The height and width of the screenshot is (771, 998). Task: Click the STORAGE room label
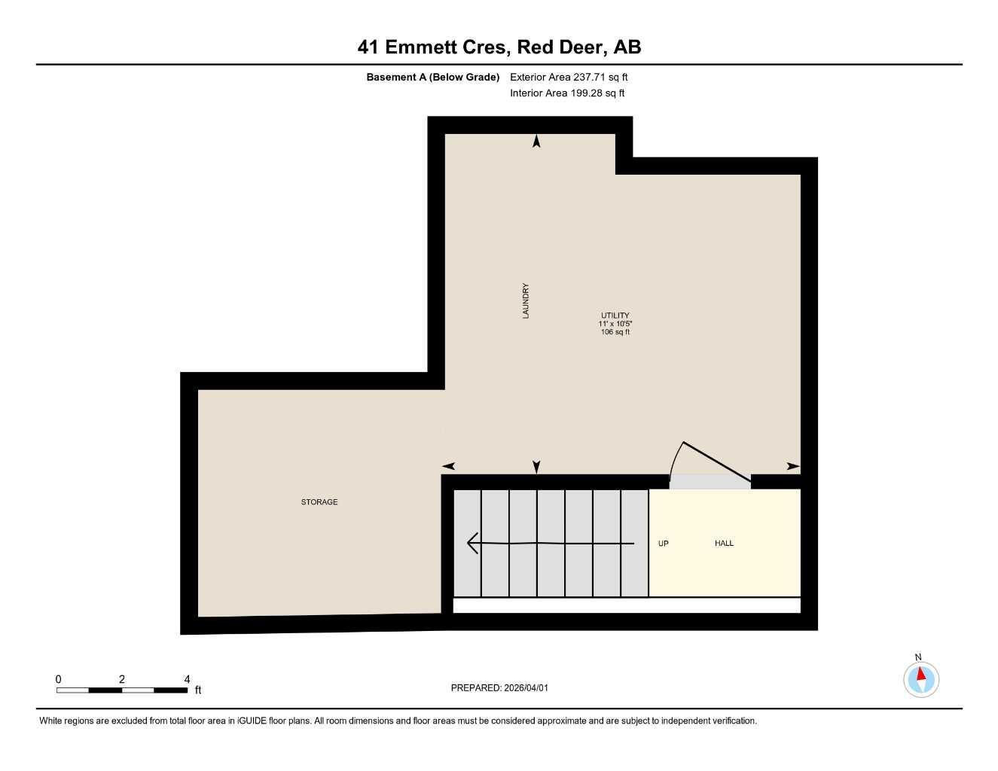(x=319, y=502)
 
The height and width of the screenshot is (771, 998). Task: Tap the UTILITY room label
(x=615, y=315)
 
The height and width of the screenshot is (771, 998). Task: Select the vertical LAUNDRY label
(x=526, y=300)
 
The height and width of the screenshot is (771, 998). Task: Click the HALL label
(x=724, y=544)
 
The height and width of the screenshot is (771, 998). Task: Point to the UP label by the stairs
(x=663, y=544)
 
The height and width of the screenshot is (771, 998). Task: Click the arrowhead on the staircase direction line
(x=473, y=543)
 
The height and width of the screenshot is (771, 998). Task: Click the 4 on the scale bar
(x=187, y=679)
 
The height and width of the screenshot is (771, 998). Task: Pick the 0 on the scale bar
(x=58, y=679)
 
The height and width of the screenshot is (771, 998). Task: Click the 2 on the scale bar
(x=122, y=679)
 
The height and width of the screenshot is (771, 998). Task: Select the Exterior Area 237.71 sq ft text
(x=569, y=77)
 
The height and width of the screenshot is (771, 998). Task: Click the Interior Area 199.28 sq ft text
(x=567, y=93)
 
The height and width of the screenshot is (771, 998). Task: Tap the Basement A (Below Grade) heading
(x=432, y=77)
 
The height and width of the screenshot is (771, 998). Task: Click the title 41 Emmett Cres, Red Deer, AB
(x=499, y=47)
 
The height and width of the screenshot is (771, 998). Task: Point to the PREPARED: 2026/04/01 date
(x=499, y=687)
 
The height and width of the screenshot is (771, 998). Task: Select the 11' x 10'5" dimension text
(x=615, y=324)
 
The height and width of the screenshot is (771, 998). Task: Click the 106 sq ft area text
(x=615, y=332)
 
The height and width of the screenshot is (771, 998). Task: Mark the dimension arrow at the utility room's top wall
(x=536, y=141)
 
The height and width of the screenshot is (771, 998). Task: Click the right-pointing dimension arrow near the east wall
(x=793, y=467)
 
